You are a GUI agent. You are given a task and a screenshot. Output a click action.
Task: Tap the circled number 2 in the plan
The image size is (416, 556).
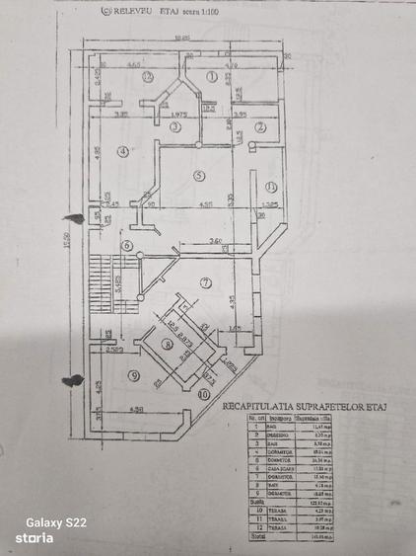261,126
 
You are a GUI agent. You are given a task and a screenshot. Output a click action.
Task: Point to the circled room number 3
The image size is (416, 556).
175,126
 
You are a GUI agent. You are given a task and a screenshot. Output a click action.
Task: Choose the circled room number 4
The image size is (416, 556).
122,151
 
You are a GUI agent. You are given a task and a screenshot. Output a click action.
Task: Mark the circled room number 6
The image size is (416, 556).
126,246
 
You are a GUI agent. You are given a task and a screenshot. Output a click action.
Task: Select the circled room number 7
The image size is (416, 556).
205,283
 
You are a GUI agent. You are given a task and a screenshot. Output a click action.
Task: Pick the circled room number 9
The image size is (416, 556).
133,375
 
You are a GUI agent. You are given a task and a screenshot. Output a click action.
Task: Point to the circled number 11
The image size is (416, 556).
270,187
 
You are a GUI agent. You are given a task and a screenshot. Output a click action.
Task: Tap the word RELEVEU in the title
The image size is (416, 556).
134,14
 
